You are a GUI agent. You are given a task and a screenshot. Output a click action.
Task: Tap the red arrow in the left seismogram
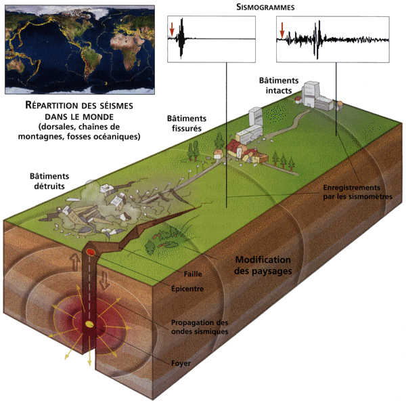[173, 29]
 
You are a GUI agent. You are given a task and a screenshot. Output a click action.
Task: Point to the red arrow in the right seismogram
[282, 29]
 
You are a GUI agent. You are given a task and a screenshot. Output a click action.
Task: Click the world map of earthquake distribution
[79, 48]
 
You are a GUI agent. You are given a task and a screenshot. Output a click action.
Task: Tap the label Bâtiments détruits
[49, 177]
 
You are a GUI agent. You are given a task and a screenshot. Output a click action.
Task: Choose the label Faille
[194, 274]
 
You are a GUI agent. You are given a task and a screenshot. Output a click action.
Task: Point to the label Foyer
[181, 364]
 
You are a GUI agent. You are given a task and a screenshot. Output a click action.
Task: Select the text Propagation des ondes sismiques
[200, 327]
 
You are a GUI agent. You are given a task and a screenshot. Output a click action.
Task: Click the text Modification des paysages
[263, 266]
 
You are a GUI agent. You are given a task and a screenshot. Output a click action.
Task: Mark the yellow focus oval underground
[89, 326]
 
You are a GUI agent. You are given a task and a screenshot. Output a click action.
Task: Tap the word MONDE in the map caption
[109, 116]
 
